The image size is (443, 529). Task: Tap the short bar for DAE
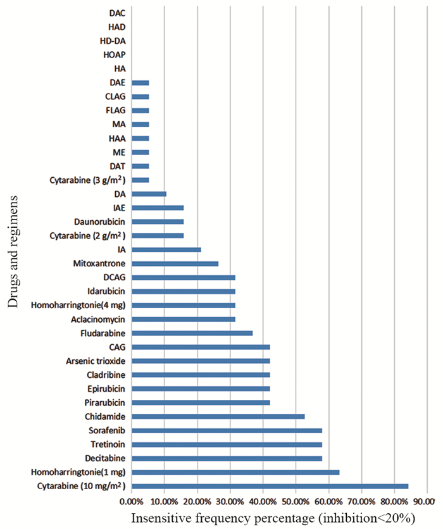pos(140,82)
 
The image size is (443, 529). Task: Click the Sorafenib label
pos(108,430)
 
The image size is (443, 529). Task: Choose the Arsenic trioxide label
pos(96,361)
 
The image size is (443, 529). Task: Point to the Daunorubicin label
pos(99,221)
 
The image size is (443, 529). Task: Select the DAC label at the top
pos(116,13)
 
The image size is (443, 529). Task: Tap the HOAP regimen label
pos(114,54)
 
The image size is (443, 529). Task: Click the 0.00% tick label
pos(132,502)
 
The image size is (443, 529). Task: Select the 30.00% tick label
pos(230,502)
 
